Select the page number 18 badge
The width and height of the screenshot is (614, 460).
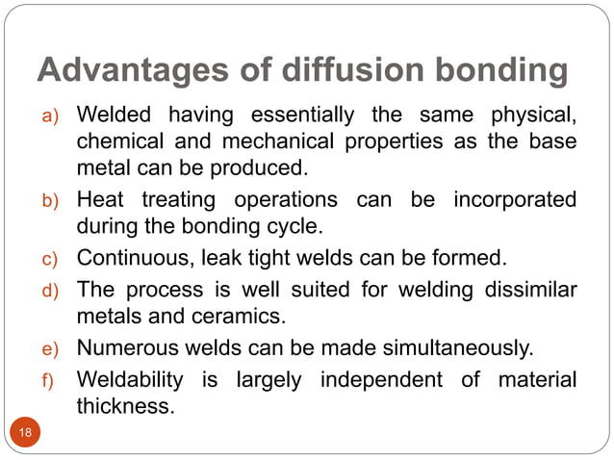point(25,432)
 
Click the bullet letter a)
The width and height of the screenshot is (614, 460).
point(49,119)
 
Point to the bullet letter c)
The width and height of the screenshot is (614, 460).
point(49,259)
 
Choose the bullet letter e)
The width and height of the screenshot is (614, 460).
point(49,349)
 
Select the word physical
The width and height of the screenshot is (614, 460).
point(532,117)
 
